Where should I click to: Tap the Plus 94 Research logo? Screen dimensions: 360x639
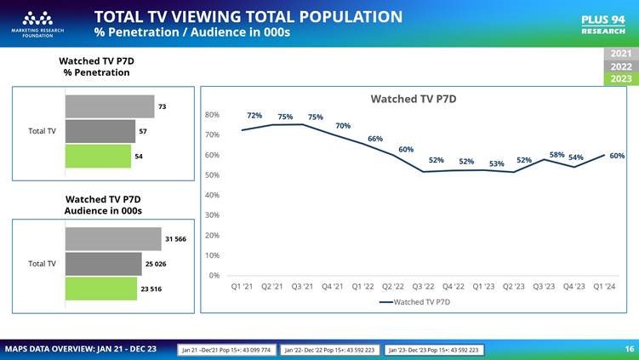click(x=602, y=24)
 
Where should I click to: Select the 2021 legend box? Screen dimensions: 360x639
click(x=621, y=54)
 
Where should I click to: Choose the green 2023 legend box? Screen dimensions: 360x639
click(x=621, y=79)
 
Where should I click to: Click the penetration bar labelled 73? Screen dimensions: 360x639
click(x=110, y=106)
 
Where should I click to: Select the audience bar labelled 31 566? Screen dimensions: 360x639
click(x=113, y=239)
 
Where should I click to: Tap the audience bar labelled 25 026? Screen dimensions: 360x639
click(x=104, y=264)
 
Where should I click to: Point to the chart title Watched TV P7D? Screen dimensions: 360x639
click(x=414, y=99)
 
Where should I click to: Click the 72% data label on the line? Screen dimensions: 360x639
click(x=254, y=116)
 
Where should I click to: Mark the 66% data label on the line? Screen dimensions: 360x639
click(x=375, y=138)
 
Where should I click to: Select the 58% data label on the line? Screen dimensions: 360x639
click(x=556, y=155)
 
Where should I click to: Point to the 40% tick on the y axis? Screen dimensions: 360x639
click(x=212, y=195)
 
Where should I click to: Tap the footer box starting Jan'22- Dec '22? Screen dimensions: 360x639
click(x=329, y=350)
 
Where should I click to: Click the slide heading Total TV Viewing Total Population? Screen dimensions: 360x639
click(x=248, y=16)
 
